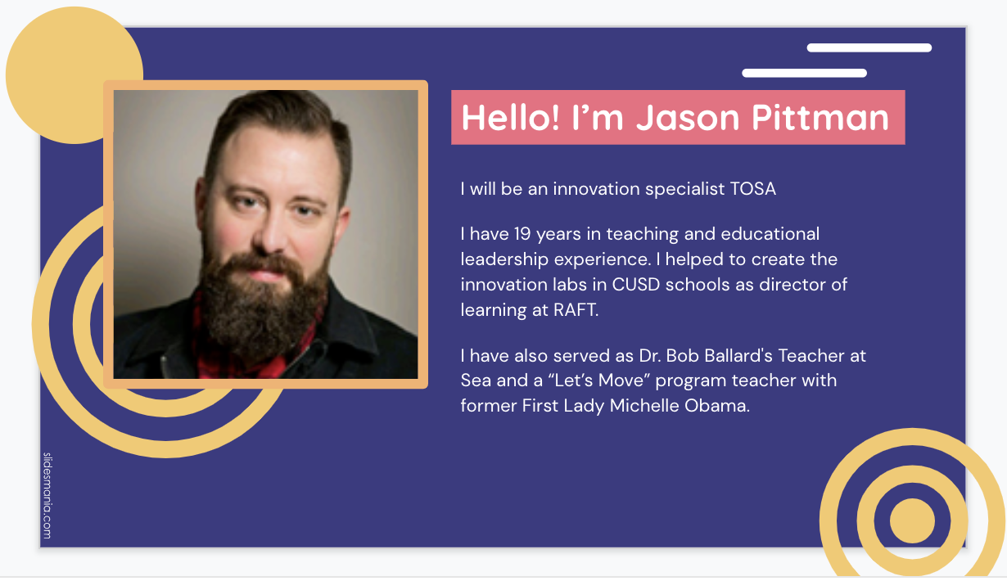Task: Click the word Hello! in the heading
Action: (511, 118)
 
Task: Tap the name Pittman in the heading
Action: (820, 118)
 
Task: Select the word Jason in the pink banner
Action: (688, 118)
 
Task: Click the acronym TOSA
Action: (753, 189)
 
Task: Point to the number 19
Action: (522, 234)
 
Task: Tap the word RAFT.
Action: (576, 309)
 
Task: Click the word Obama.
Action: (717, 405)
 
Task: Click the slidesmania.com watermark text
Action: (47, 495)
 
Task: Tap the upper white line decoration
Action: (869, 47)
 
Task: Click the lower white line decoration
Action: (804, 74)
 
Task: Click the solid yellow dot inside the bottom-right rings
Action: (912, 520)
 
